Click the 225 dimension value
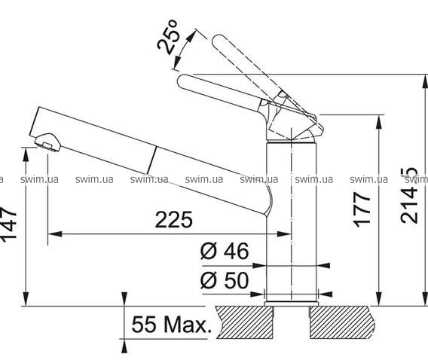click(x=173, y=220)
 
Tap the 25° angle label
click(x=169, y=37)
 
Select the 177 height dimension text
click(x=362, y=209)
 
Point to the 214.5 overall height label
click(x=409, y=195)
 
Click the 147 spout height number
click(x=8, y=224)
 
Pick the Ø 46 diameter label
click(x=225, y=251)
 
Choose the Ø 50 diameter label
click(x=225, y=280)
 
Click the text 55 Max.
click(x=172, y=325)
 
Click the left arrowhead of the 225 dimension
click(x=54, y=233)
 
